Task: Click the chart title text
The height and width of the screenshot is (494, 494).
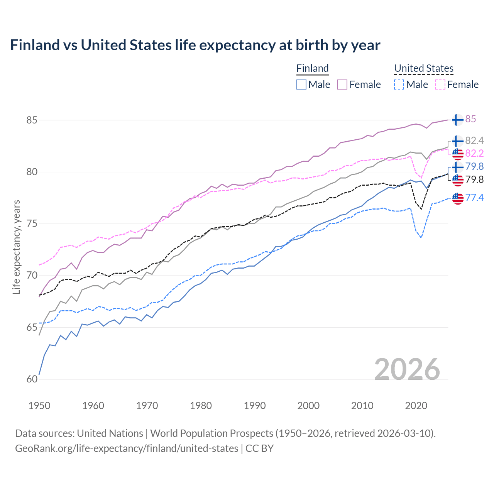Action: pyautogui.click(x=195, y=45)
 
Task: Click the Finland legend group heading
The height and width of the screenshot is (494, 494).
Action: pyautogui.click(x=312, y=68)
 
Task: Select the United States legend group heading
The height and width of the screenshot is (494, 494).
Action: pyautogui.click(x=423, y=68)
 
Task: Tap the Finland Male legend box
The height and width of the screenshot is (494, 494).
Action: pyautogui.click(x=301, y=85)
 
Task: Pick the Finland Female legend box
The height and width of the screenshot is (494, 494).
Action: pyautogui.click(x=342, y=85)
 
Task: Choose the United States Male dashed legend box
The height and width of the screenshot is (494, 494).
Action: pyautogui.click(x=399, y=85)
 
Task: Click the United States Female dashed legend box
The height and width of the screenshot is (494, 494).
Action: pyautogui.click(x=440, y=85)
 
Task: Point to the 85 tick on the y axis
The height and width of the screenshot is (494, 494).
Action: pyautogui.click(x=32, y=120)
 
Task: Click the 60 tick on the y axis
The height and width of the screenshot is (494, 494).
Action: pyautogui.click(x=32, y=379)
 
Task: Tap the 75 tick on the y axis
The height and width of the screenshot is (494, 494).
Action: pyautogui.click(x=32, y=224)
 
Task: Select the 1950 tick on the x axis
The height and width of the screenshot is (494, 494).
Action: pyautogui.click(x=39, y=406)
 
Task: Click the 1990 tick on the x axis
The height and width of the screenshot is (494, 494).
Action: pyautogui.click(x=255, y=406)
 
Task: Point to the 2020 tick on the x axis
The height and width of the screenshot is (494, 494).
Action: pyautogui.click(x=416, y=406)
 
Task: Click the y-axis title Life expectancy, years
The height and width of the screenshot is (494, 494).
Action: pyautogui.click(x=16, y=247)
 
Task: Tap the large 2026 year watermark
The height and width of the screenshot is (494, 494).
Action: pyautogui.click(x=407, y=369)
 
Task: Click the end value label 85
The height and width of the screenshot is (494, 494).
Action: pyautogui.click(x=470, y=119)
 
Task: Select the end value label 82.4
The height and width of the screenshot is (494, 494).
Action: pyautogui.click(x=474, y=140)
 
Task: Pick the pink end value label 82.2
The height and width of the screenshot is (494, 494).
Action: pyautogui.click(x=474, y=153)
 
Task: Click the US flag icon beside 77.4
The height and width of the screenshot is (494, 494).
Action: pyautogui.click(x=458, y=198)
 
